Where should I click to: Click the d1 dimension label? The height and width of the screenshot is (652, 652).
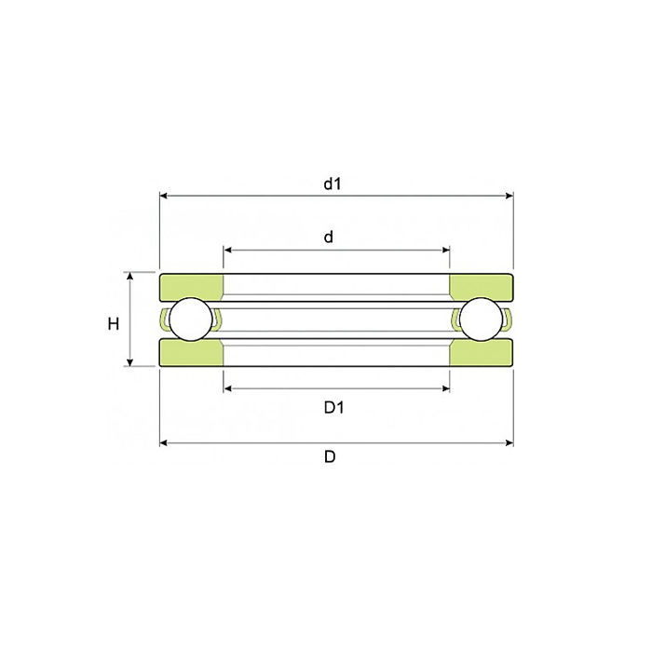333,183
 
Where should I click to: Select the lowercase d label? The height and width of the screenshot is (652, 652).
329,237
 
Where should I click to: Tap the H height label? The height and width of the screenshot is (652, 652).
113,323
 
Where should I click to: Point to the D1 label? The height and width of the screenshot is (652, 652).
333,408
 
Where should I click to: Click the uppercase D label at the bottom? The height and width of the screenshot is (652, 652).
330,457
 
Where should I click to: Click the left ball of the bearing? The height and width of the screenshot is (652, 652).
191,319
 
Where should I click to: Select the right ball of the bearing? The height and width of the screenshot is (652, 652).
482,319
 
